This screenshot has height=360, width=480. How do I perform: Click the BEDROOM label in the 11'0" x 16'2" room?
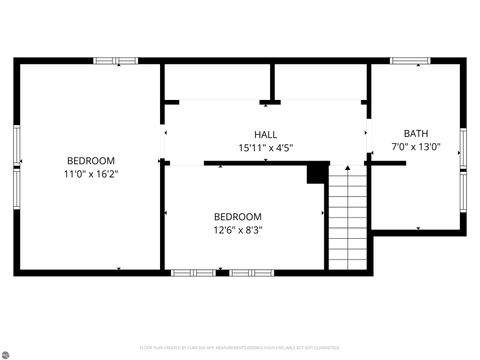[x=91, y=160]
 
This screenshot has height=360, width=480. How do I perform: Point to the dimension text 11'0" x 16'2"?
[x=91, y=173]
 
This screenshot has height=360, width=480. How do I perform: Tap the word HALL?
[x=265, y=135]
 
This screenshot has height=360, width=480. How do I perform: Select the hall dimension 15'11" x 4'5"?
[x=265, y=148]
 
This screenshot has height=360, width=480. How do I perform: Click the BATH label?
[x=415, y=134]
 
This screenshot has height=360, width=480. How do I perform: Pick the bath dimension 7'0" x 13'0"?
[x=415, y=147]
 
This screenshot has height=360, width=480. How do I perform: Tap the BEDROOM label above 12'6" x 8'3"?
[x=238, y=217]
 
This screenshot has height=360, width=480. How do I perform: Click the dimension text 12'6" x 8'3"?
[x=238, y=230]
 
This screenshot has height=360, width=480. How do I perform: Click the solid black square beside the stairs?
[x=316, y=174]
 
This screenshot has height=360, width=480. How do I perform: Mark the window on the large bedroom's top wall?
[x=115, y=61]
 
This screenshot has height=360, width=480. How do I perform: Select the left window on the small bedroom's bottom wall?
[x=193, y=272]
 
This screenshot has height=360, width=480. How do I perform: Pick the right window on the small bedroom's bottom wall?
[x=251, y=272]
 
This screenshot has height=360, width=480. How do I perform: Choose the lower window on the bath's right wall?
[x=462, y=189]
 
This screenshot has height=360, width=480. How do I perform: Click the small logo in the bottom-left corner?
[x=7, y=353]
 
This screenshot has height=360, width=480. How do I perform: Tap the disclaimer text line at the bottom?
[x=240, y=348]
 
